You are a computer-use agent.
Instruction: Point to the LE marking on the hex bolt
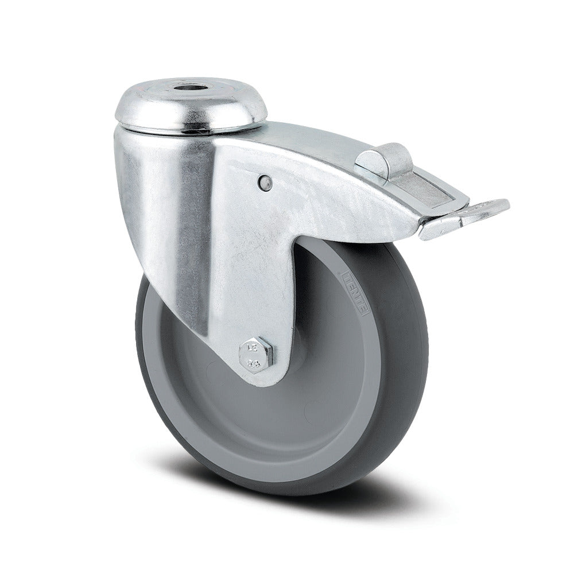[250, 347]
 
